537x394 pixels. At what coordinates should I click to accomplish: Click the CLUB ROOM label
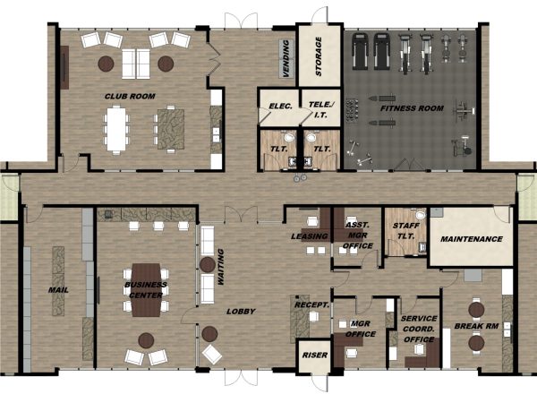pos(130,97)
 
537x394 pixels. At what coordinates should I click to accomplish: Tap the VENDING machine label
pos(286,58)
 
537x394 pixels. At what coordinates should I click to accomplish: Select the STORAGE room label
pos(319,56)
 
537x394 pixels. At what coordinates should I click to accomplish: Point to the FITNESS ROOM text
pos(412,108)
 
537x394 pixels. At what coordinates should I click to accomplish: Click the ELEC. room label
pos(280,107)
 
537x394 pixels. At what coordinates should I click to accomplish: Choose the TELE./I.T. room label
pos(321,109)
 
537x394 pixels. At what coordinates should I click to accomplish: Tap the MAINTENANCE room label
pos(472,239)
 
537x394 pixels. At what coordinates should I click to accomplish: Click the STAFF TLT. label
pos(405,230)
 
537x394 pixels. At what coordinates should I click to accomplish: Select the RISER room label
pos(315,355)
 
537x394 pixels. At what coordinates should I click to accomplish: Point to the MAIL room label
pos(58,290)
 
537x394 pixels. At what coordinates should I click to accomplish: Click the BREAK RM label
pos(476,326)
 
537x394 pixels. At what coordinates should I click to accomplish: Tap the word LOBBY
pos(241,312)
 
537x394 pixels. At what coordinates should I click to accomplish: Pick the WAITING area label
pos(220,267)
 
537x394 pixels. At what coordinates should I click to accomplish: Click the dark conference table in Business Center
pos(146,290)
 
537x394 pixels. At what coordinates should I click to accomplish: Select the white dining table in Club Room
pos(116,129)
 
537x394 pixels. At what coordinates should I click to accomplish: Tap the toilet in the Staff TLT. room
pos(421,215)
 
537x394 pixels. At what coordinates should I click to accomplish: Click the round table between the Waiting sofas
pos(208,265)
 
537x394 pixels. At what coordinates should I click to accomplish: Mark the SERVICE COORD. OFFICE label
pos(419,329)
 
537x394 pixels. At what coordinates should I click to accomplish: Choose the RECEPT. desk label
pos(312,305)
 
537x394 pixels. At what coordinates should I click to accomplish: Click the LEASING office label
pos(310,236)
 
